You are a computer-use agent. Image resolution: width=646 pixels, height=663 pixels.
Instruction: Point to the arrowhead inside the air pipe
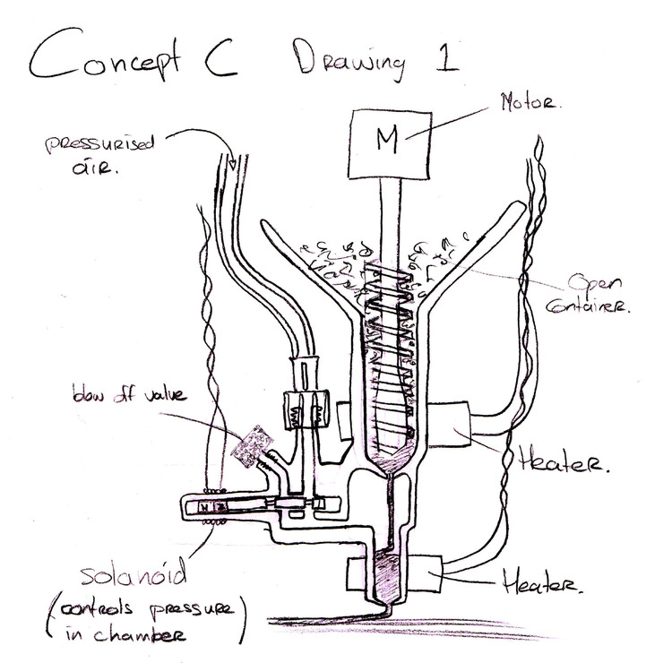233,164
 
